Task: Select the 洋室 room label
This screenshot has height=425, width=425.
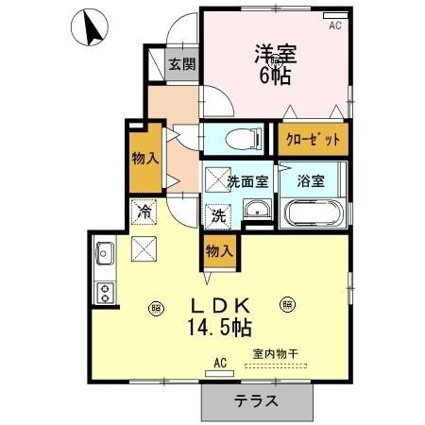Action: pyautogui.click(x=275, y=53)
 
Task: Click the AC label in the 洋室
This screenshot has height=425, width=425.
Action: pyautogui.click(x=334, y=26)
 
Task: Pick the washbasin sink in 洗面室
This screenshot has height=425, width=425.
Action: pyautogui.click(x=254, y=210)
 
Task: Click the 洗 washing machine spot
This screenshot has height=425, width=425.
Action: pyautogui.click(x=217, y=214)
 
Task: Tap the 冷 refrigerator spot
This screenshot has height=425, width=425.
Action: pyautogui.click(x=144, y=212)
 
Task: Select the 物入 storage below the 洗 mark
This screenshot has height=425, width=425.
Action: pyautogui.click(x=218, y=252)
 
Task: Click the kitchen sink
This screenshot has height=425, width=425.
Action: pyautogui.click(x=104, y=254)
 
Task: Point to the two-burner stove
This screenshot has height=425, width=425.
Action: pyautogui.click(x=104, y=292)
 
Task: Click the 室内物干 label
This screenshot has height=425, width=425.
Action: pyautogui.click(x=274, y=354)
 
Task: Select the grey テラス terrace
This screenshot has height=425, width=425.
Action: pyautogui.click(x=257, y=399)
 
